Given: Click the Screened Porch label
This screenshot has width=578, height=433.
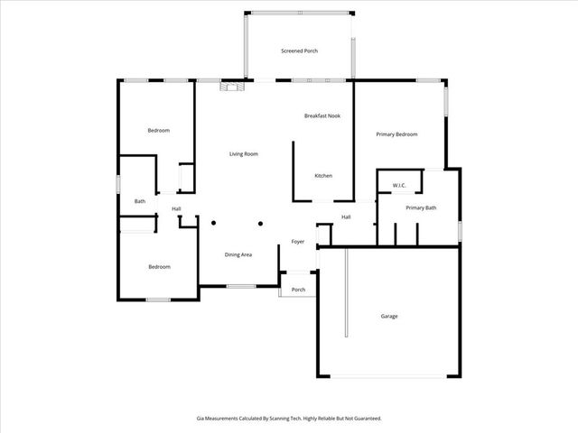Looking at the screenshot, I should coord(299,51).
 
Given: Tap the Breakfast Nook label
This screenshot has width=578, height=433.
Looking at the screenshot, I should coord(322,115).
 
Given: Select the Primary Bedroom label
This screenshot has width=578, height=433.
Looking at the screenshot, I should coord(396,134).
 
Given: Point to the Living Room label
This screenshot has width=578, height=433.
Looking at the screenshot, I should coord(244,154).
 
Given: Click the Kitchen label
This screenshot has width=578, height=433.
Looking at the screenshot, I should coord(323,175).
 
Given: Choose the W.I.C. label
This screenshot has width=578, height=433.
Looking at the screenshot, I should coord(399,186).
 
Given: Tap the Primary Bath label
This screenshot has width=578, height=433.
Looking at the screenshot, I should coord(421,208).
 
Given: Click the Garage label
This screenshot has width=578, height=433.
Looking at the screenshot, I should coord(389,316).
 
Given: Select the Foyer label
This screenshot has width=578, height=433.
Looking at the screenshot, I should coord(297,242).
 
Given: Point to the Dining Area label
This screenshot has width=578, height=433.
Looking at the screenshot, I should coord(238,255).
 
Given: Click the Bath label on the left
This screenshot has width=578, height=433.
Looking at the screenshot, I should coord(140,201).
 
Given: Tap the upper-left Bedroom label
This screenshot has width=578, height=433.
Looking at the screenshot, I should coord(159,131).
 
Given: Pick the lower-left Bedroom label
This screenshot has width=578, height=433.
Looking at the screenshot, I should coord(159,267).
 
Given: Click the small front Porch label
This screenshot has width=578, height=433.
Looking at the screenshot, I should coord(298,290).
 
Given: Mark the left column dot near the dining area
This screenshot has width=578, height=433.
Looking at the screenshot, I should coord(214,223).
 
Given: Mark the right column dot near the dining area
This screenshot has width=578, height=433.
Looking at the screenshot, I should coord(260,223).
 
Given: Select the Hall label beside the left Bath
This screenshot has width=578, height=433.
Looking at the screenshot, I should coord(177,210).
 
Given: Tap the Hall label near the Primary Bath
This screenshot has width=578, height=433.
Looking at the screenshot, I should coord(346,216).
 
